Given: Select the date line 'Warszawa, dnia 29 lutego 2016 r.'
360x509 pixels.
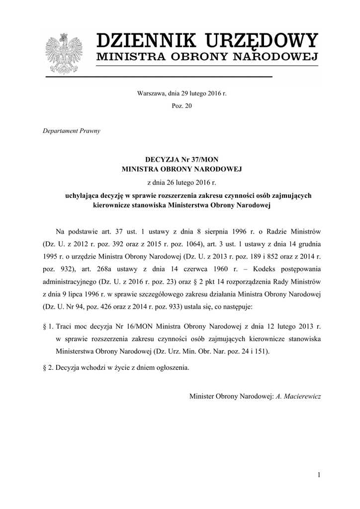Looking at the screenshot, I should click(181, 93).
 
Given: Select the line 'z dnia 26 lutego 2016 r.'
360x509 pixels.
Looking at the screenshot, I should click(181, 183).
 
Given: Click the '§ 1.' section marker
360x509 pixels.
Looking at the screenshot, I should click(48, 327).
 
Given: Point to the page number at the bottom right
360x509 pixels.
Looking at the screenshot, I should click(319, 476).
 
